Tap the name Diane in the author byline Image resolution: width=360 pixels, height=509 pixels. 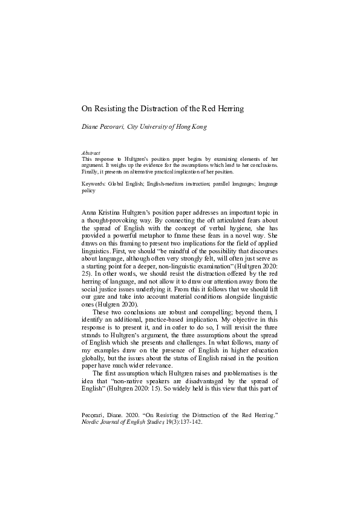point(93,128)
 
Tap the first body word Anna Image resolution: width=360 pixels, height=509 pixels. point(90,213)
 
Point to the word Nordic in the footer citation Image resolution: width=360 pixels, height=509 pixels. point(91,422)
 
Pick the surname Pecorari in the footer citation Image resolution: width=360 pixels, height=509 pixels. point(94,415)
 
